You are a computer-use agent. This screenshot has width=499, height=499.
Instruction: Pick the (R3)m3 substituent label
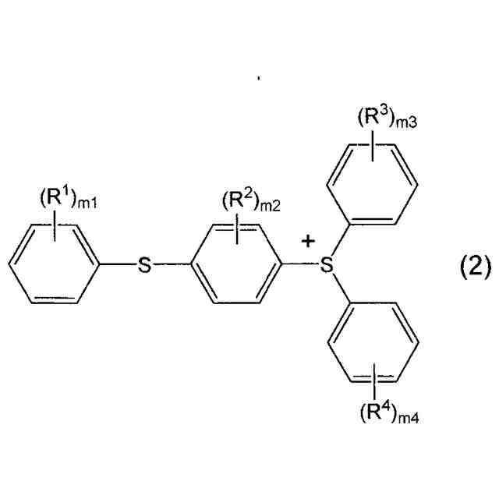(x=388, y=119)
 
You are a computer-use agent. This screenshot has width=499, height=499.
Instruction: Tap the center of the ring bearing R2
(x=235, y=266)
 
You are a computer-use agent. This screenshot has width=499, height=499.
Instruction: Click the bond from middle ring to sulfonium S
(x=299, y=266)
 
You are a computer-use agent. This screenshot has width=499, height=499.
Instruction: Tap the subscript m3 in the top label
(x=409, y=123)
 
